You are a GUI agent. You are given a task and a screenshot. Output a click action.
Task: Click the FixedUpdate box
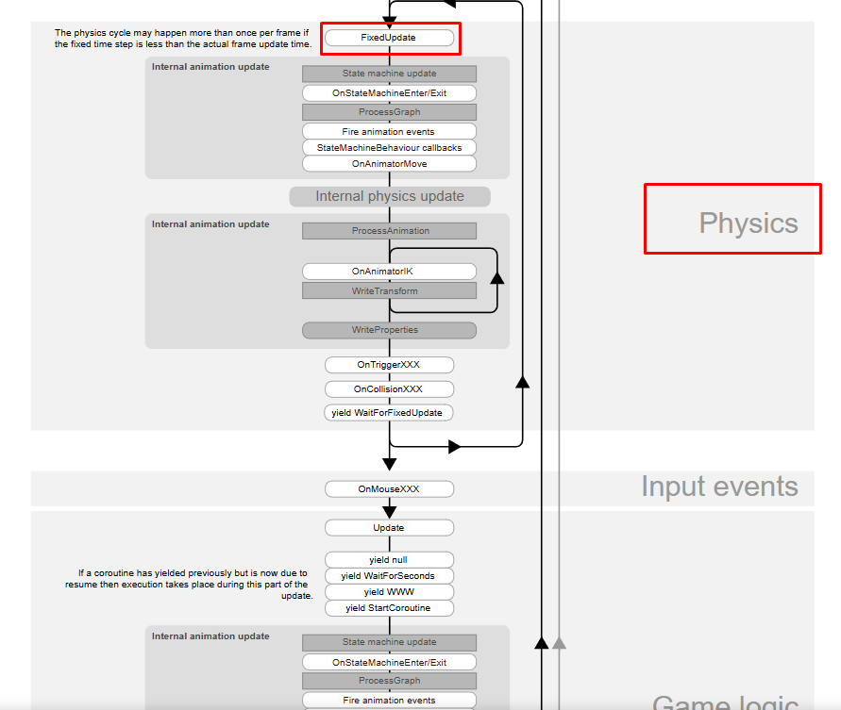coord(389,39)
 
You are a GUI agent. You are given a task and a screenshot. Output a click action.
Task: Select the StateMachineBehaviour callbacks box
coord(389,148)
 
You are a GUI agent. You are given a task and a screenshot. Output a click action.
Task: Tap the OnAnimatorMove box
coord(389,164)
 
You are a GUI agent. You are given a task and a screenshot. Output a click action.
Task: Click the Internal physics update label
coord(389,197)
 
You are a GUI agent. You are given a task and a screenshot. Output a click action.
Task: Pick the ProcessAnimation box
coord(389,231)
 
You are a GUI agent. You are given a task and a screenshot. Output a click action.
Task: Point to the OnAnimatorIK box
coord(389,272)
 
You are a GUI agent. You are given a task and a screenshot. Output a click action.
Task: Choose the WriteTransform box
coord(389,291)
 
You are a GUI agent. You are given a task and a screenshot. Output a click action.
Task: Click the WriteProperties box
coord(389,330)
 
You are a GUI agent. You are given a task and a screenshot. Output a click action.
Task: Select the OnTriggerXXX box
coord(389,365)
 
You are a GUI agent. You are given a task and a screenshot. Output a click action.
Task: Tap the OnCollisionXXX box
coord(389,389)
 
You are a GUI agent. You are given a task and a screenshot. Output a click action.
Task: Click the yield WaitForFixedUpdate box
coord(389,413)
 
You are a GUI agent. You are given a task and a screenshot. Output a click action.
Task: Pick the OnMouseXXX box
coord(389,489)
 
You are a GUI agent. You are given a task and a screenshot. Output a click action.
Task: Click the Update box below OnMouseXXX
coord(389,528)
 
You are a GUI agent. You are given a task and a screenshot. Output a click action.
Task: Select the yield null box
coord(389,560)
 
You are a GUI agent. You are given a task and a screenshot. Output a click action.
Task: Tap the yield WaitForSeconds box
coord(389,576)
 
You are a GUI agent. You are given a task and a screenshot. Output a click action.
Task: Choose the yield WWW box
coord(389,592)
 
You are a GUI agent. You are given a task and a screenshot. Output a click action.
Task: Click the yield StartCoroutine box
coord(389,608)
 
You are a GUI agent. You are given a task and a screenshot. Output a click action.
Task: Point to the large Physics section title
coord(748,223)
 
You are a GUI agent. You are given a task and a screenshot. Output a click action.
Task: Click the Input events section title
coord(719,487)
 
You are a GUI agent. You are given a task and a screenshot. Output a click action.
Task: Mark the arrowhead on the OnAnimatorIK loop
coord(497,278)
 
